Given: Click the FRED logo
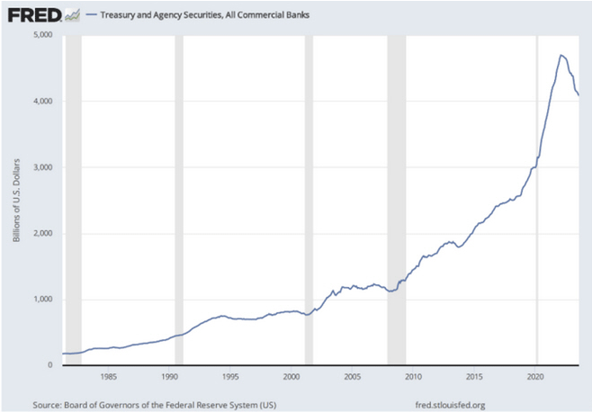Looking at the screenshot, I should click(34, 13).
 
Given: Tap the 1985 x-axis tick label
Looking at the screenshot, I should click(108, 378).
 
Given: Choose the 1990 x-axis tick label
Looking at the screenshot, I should click(169, 378).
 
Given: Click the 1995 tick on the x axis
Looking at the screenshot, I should click(230, 378).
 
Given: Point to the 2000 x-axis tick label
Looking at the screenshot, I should click(292, 378).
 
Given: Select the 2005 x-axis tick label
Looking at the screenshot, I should click(353, 378).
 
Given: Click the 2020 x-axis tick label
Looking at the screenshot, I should click(536, 378).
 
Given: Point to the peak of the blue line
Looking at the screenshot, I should click(561, 55).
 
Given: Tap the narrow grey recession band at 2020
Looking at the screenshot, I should click(538, 198).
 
